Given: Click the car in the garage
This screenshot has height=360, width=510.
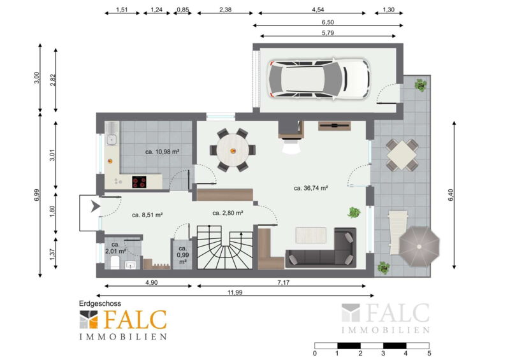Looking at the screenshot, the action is coord(319,78).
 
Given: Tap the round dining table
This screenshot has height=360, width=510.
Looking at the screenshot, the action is coord(233,150).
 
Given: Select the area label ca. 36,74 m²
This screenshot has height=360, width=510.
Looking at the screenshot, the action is coord(310,188).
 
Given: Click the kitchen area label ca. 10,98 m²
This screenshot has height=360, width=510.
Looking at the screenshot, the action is coord(163,152).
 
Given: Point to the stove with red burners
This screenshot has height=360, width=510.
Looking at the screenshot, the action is coord(139,182).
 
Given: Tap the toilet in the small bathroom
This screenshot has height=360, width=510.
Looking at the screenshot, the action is coord(115,263).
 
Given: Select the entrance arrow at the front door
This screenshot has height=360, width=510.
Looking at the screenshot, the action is coord(95,206).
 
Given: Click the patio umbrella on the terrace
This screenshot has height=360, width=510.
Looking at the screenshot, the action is coord(419,247).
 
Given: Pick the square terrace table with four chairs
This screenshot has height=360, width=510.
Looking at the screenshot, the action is coord(402,155).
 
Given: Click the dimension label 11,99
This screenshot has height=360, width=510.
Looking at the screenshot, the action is coord(235,292).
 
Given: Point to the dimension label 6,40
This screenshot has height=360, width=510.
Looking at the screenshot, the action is coord(451,195).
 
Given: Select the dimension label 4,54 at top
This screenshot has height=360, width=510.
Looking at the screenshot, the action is coord(317,10).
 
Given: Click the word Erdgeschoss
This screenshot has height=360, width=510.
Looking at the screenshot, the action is coord(100,303).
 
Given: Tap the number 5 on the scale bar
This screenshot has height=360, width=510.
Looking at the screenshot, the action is coord(429,353).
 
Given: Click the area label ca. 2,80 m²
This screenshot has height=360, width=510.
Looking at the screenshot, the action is coord(228,213).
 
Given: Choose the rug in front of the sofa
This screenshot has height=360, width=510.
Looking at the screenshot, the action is coord(311,235).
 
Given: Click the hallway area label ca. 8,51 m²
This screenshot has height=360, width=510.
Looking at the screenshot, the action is coord(147,215).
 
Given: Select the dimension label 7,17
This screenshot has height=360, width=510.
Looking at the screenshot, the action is coord(283,283).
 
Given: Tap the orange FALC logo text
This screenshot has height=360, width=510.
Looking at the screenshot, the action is coord(135,319).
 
